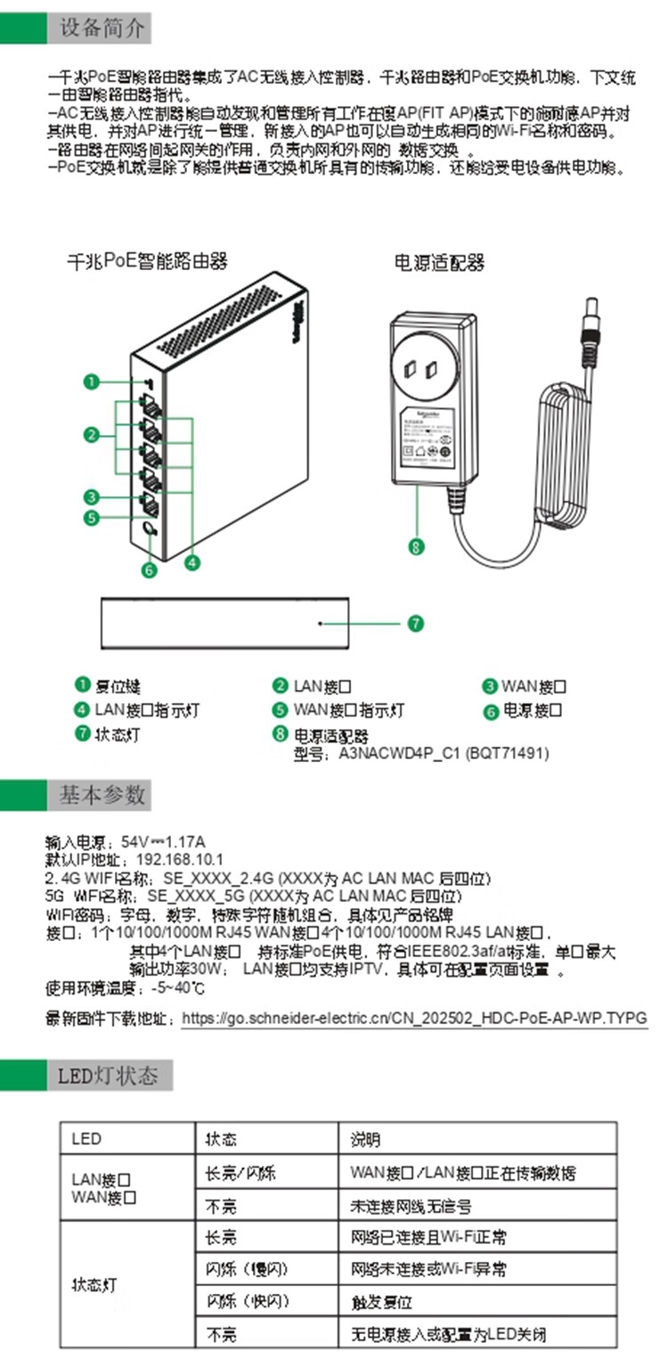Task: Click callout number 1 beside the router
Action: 92,382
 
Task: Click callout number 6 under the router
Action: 149,568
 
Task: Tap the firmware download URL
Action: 414,1018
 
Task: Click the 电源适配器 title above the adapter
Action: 438,264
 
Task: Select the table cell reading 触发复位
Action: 381,1302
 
